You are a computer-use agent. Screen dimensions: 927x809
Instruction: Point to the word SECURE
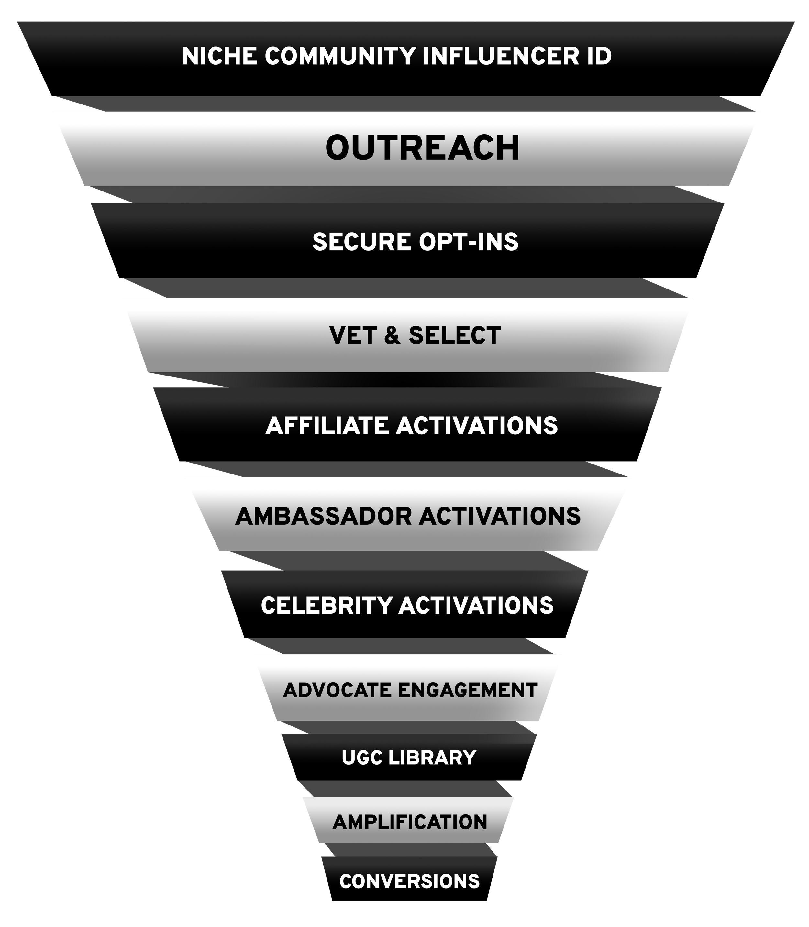[x=361, y=242]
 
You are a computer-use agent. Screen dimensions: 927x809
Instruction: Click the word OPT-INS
[x=469, y=242]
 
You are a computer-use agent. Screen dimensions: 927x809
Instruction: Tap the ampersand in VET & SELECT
[x=392, y=335]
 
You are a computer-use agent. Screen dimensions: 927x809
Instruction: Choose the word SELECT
[x=455, y=335]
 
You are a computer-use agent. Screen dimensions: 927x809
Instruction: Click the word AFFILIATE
[x=327, y=426]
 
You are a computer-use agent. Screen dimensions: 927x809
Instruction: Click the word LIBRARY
[x=432, y=758]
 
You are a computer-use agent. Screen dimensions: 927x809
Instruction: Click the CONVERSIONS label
[x=409, y=881]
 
